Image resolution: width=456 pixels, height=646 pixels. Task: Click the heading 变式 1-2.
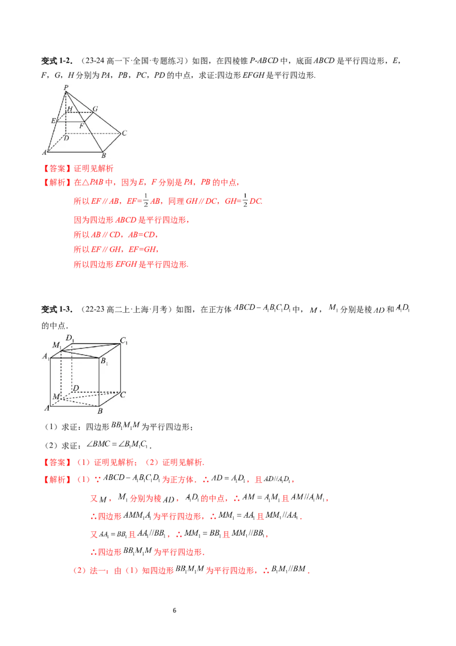pyautogui.click(x=57, y=61)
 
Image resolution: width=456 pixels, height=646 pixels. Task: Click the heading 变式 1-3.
pyautogui.click(x=57, y=309)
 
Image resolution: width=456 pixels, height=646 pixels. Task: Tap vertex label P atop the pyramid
pyautogui.click(x=66, y=87)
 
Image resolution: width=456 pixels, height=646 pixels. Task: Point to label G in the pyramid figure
pyautogui.click(x=95, y=109)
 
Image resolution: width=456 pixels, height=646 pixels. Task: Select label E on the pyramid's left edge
pyautogui.click(x=53, y=121)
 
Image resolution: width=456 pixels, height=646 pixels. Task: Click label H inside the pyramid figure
pyautogui.click(x=70, y=109)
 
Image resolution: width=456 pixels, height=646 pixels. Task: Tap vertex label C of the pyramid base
pyautogui.click(x=124, y=133)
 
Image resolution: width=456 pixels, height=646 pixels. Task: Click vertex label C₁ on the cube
pyautogui.click(x=124, y=341)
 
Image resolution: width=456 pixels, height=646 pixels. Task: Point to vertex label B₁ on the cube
pyautogui.click(x=104, y=361)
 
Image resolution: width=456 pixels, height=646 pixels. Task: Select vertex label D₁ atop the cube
pyautogui.click(x=70, y=338)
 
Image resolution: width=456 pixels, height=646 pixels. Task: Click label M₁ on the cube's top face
pyautogui.click(x=57, y=345)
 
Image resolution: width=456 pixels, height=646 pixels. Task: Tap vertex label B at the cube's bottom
pyautogui.click(x=100, y=411)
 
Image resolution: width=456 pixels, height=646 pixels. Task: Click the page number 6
pyautogui.click(x=174, y=610)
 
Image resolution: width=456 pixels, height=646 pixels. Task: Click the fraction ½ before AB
pyautogui.click(x=146, y=201)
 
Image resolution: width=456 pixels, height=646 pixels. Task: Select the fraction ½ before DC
pyautogui.click(x=245, y=201)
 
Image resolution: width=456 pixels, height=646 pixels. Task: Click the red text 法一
pyautogui.click(x=98, y=571)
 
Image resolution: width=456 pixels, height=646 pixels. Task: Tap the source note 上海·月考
pyautogui.click(x=150, y=309)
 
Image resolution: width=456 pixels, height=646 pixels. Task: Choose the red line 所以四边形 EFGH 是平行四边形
pyautogui.click(x=131, y=264)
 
